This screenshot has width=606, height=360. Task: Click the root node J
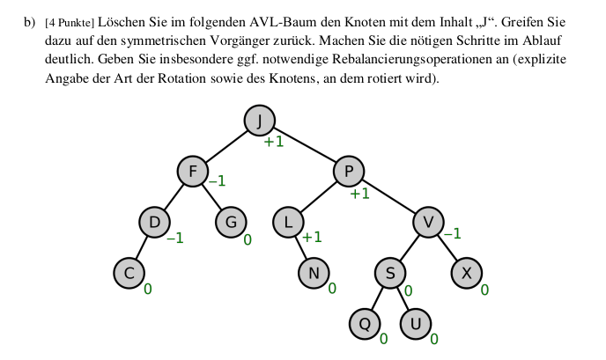(x=258, y=121)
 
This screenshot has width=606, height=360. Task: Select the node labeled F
(x=193, y=171)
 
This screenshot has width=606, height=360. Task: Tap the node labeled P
(x=348, y=171)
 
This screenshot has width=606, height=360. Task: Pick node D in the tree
(x=154, y=222)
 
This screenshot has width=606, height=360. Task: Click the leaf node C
(x=129, y=274)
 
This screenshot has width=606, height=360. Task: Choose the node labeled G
(x=232, y=222)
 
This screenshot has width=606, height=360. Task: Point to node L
(x=288, y=222)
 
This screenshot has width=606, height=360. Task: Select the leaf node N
(x=314, y=274)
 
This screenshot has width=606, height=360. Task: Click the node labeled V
(x=428, y=222)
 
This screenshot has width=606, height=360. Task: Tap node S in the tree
(x=390, y=274)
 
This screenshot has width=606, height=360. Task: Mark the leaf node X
(x=467, y=274)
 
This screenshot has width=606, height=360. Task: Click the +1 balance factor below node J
(x=274, y=142)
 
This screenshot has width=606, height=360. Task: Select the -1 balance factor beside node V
(x=452, y=234)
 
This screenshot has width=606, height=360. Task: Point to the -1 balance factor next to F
(x=217, y=182)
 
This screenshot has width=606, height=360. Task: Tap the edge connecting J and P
(x=303, y=146)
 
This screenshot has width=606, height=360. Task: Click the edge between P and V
(x=388, y=196)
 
